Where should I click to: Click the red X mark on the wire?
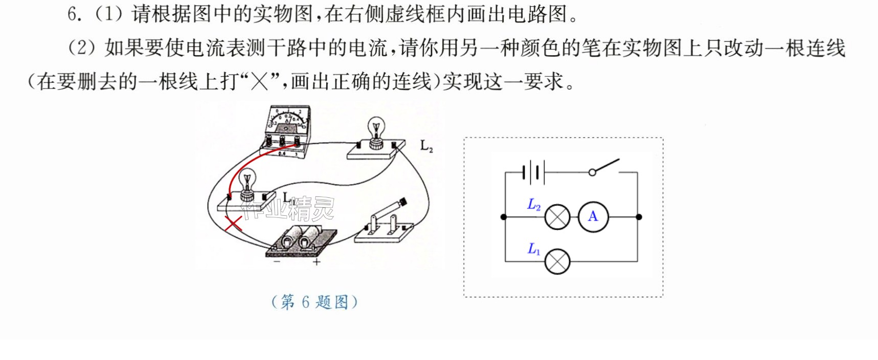pyautogui.click(x=234, y=223)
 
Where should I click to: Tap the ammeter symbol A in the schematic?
pyautogui.click(x=593, y=217)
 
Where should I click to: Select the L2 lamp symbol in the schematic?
pyautogui.click(x=557, y=217)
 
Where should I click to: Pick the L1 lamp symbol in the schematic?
pyautogui.click(x=557, y=262)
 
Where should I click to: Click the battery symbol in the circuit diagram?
pyautogui.click(x=534, y=173)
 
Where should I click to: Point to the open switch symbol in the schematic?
pyautogui.click(x=604, y=167)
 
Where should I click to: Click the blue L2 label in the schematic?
pyautogui.click(x=534, y=205)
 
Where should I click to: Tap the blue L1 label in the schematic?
pyautogui.click(x=534, y=249)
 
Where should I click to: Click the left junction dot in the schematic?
pyautogui.click(x=504, y=217)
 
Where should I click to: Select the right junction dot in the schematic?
pyautogui.click(x=639, y=217)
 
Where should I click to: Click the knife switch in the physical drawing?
pyautogui.click(x=384, y=222)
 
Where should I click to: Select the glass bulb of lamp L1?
pyautogui.click(x=247, y=178)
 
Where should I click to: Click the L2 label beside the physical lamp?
pyautogui.click(x=426, y=146)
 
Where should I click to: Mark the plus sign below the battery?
pyautogui.click(x=317, y=262)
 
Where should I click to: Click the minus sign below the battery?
pyautogui.click(x=277, y=261)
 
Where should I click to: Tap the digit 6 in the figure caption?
pyautogui.click(x=305, y=302)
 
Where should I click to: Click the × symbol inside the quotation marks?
pyautogui.click(x=259, y=81)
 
